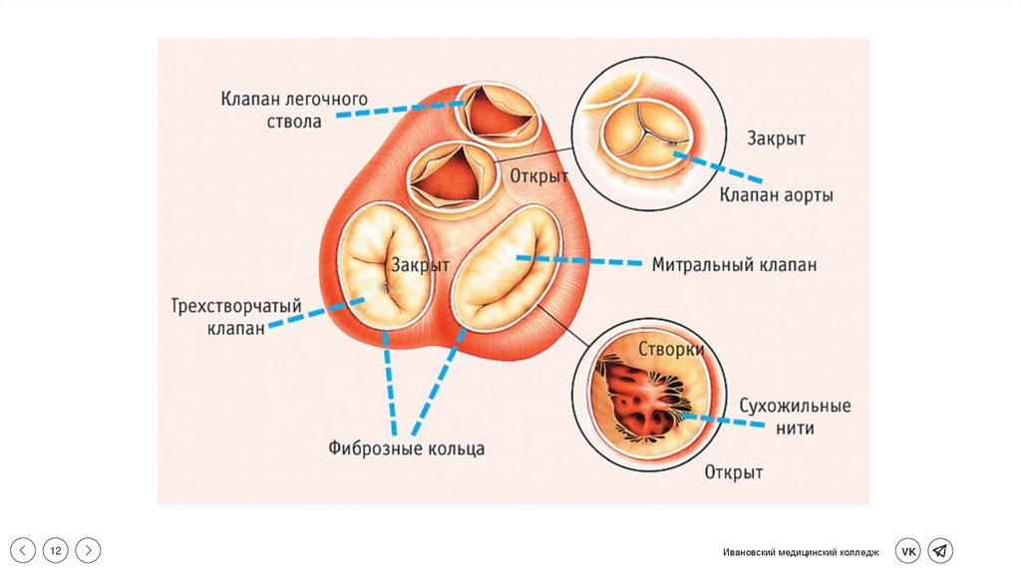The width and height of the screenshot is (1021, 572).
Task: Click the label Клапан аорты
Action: pyautogui.click(x=777, y=195)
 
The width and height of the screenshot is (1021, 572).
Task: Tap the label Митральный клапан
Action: pyautogui.click(x=734, y=265)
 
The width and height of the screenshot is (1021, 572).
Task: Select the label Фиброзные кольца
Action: pyautogui.click(x=407, y=448)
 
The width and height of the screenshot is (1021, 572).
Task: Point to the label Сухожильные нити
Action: pyautogui.click(x=794, y=417)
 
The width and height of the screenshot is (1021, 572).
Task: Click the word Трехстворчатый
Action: pyautogui.click(x=236, y=307)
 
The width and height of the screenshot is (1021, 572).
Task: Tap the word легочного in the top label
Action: pyautogui.click(x=327, y=100)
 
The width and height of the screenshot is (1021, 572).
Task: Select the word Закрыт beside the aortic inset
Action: pyautogui.click(x=776, y=140)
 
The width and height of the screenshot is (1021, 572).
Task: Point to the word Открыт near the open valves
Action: pyautogui.click(x=539, y=176)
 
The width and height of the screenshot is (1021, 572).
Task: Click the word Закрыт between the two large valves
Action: pyautogui.click(x=421, y=266)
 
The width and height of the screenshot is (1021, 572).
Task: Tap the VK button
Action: pyautogui.click(x=907, y=551)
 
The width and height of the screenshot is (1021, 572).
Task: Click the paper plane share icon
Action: pyautogui.click(x=940, y=551)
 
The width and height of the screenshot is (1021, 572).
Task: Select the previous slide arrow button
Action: pyautogui.click(x=24, y=550)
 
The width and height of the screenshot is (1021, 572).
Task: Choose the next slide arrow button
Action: pyautogui.click(x=89, y=550)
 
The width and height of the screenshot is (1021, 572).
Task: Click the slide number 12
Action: pyautogui.click(x=56, y=550)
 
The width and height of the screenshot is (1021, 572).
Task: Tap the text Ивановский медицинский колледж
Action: pyautogui.click(x=802, y=552)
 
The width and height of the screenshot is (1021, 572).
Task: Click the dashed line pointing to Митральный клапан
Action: pyautogui.click(x=579, y=261)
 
